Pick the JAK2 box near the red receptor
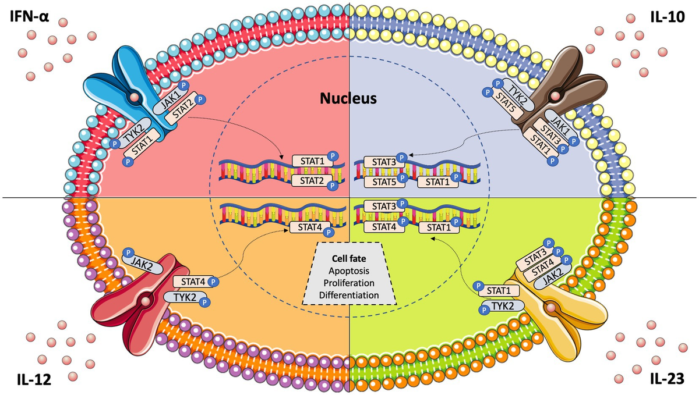138,259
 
